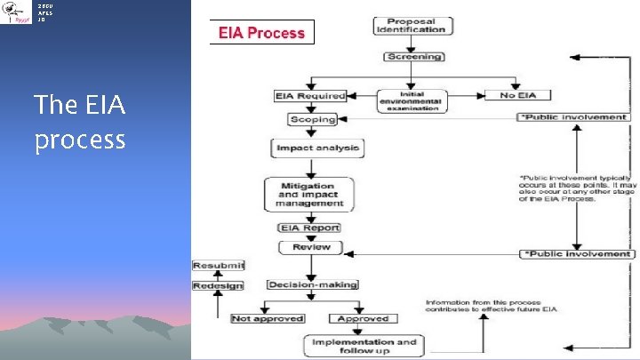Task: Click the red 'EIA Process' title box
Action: (x=261, y=34)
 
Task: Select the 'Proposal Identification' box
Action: (x=410, y=25)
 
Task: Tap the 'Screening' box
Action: (x=413, y=57)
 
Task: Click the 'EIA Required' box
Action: (x=310, y=95)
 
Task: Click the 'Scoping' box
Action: (x=313, y=119)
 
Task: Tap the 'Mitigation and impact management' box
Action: (x=309, y=194)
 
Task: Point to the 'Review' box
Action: (x=311, y=247)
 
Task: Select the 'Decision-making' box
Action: (x=313, y=284)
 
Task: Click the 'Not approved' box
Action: (x=268, y=318)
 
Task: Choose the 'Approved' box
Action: (x=363, y=318)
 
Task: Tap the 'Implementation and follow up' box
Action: (x=363, y=346)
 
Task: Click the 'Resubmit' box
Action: (x=219, y=265)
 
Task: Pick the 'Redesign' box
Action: (x=219, y=285)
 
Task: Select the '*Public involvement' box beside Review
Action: (x=576, y=254)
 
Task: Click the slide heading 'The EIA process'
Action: (x=80, y=123)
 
